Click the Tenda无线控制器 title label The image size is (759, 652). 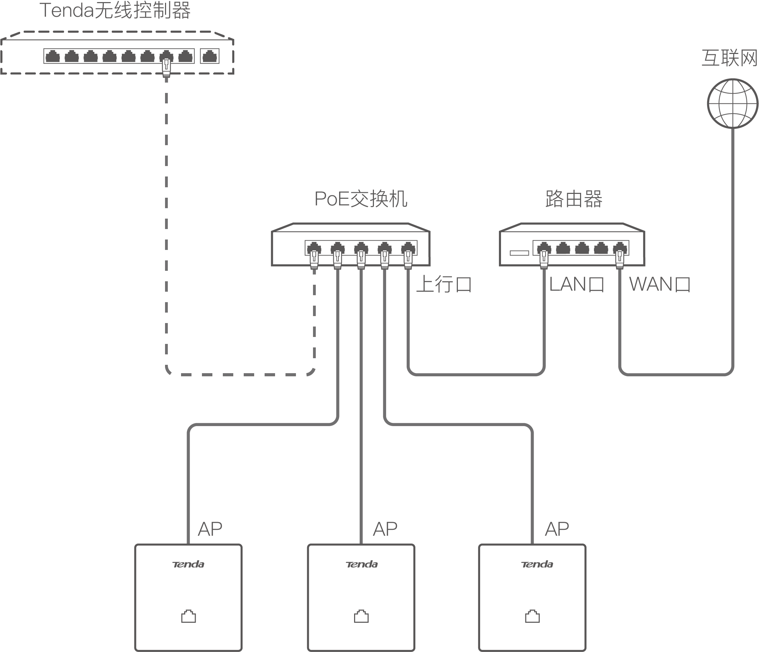(115, 10)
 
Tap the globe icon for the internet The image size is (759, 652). (732, 104)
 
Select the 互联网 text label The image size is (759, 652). (729, 58)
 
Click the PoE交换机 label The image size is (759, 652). (361, 199)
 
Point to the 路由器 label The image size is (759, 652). (574, 199)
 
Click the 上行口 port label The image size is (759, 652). (444, 284)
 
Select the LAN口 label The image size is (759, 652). (577, 284)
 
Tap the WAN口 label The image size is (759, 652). (659, 284)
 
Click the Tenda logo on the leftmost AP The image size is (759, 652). (188, 565)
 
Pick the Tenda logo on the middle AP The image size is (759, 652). (361, 565)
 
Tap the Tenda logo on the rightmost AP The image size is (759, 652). (537, 565)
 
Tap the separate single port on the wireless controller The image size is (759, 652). (210, 56)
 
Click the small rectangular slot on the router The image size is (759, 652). (519, 253)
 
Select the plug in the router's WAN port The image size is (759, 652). (619, 259)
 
